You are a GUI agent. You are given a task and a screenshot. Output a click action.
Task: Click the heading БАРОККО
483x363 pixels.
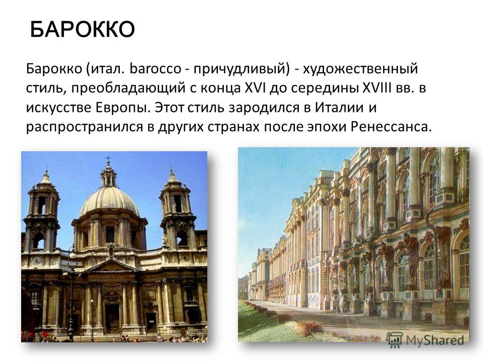[x=83, y=29]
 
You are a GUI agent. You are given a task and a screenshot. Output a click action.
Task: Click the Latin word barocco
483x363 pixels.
[x=155, y=69]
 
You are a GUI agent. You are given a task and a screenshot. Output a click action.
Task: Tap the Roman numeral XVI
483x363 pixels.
[x=256, y=88]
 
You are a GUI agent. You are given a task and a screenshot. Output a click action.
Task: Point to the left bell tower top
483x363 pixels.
[x=46, y=178]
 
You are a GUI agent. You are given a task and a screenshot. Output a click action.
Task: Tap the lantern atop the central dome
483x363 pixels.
[x=108, y=173]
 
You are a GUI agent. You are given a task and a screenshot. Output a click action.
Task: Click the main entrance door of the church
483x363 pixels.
[x=112, y=319]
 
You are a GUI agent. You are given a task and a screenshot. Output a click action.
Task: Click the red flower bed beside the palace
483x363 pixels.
[x=309, y=328]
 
